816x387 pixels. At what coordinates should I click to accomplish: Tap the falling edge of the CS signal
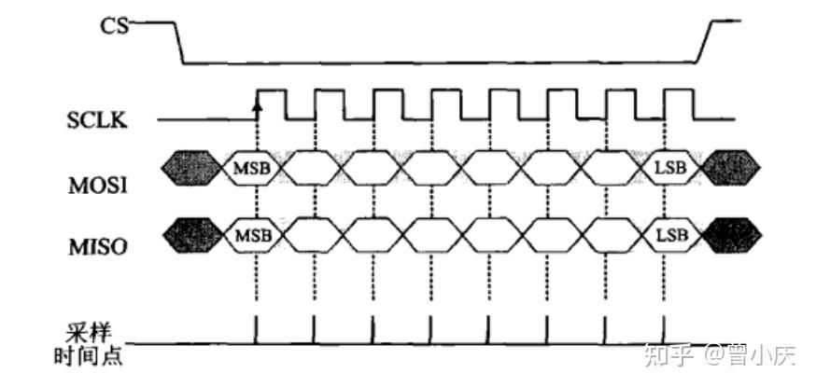177,41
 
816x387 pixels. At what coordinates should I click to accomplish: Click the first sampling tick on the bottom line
255,328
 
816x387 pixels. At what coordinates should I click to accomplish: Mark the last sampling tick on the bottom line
664,328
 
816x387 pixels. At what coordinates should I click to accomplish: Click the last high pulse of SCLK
677,91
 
